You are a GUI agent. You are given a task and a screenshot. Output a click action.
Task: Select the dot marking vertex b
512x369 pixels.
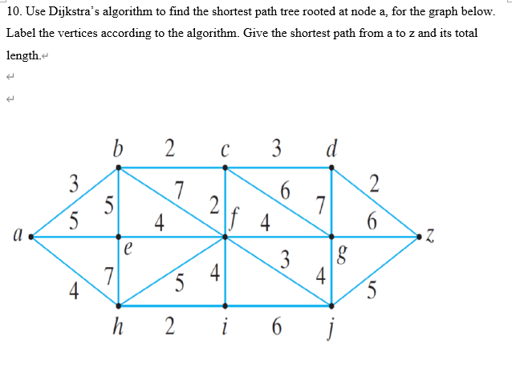click(x=120, y=168)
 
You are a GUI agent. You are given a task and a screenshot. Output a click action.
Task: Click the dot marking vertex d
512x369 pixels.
click(x=332, y=168)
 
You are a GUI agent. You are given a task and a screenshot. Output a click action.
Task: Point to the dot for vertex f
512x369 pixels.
click(x=226, y=237)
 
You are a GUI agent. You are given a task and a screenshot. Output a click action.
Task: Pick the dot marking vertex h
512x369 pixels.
click(x=120, y=306)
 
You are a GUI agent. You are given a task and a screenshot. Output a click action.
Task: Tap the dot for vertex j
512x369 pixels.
click(x=332, y=306)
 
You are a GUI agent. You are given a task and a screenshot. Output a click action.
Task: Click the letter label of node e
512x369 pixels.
click(x=128, y=249)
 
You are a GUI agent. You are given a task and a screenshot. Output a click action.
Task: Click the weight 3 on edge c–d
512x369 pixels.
click(x=276, y=148)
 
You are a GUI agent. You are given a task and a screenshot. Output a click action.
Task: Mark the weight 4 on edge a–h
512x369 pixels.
click(x=73, y=291)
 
